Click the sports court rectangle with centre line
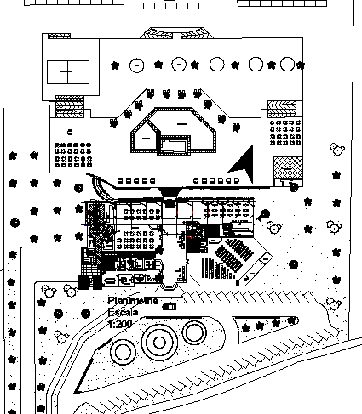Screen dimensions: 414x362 tap(66, 73)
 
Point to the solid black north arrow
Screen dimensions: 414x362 tap(244, 164)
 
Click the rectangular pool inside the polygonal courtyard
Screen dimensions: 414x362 tap(175, 146)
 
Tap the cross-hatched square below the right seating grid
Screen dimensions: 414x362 tap(286, 167)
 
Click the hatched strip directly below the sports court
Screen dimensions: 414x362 tap(69, 108)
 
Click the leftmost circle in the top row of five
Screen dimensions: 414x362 tap(135, 65)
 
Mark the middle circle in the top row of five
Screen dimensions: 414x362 tap(217, 65)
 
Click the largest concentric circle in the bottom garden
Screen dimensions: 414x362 tap(158, 344)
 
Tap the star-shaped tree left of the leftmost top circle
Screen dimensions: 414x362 tap(115, 65)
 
